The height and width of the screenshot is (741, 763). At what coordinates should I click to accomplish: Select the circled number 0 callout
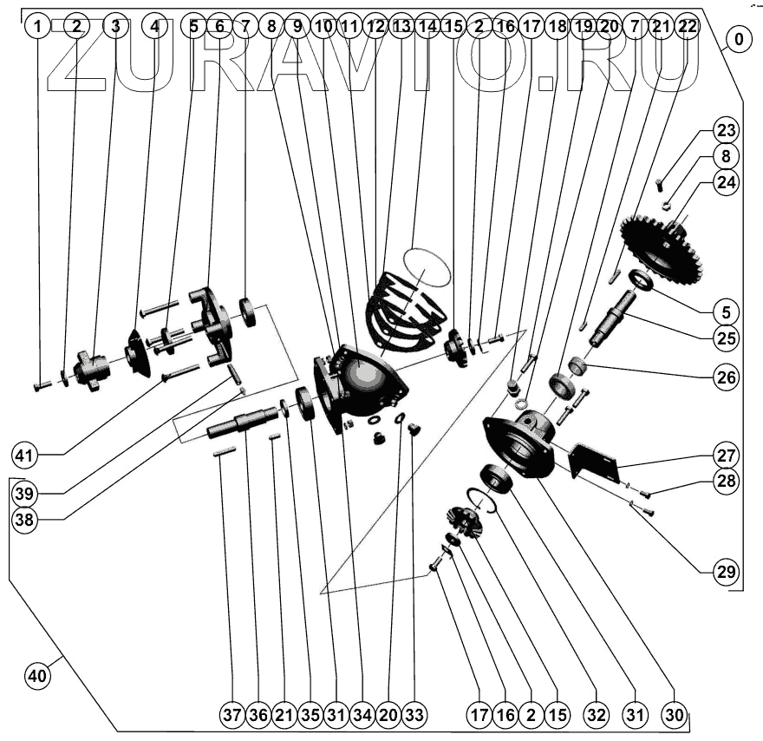[740, 40]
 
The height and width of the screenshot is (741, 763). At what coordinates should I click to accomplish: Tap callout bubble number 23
[726, 132]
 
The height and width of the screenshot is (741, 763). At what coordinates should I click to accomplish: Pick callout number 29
[726, 572]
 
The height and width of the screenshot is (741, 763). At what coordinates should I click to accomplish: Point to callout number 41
[25, 453]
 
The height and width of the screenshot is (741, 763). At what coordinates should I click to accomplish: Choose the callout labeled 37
[232, 715]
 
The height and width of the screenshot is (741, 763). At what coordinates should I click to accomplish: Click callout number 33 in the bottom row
[414, 715]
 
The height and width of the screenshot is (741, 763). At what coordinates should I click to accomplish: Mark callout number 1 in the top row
[37, 26]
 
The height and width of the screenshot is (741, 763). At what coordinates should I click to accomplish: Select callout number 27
[726, 455]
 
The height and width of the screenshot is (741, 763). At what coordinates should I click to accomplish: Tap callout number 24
[726, 182]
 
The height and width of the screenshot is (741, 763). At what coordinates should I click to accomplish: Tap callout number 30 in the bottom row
[674, 715]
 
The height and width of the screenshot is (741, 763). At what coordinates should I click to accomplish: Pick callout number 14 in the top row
[427, 26]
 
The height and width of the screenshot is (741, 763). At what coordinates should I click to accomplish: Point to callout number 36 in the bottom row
[258, 715]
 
